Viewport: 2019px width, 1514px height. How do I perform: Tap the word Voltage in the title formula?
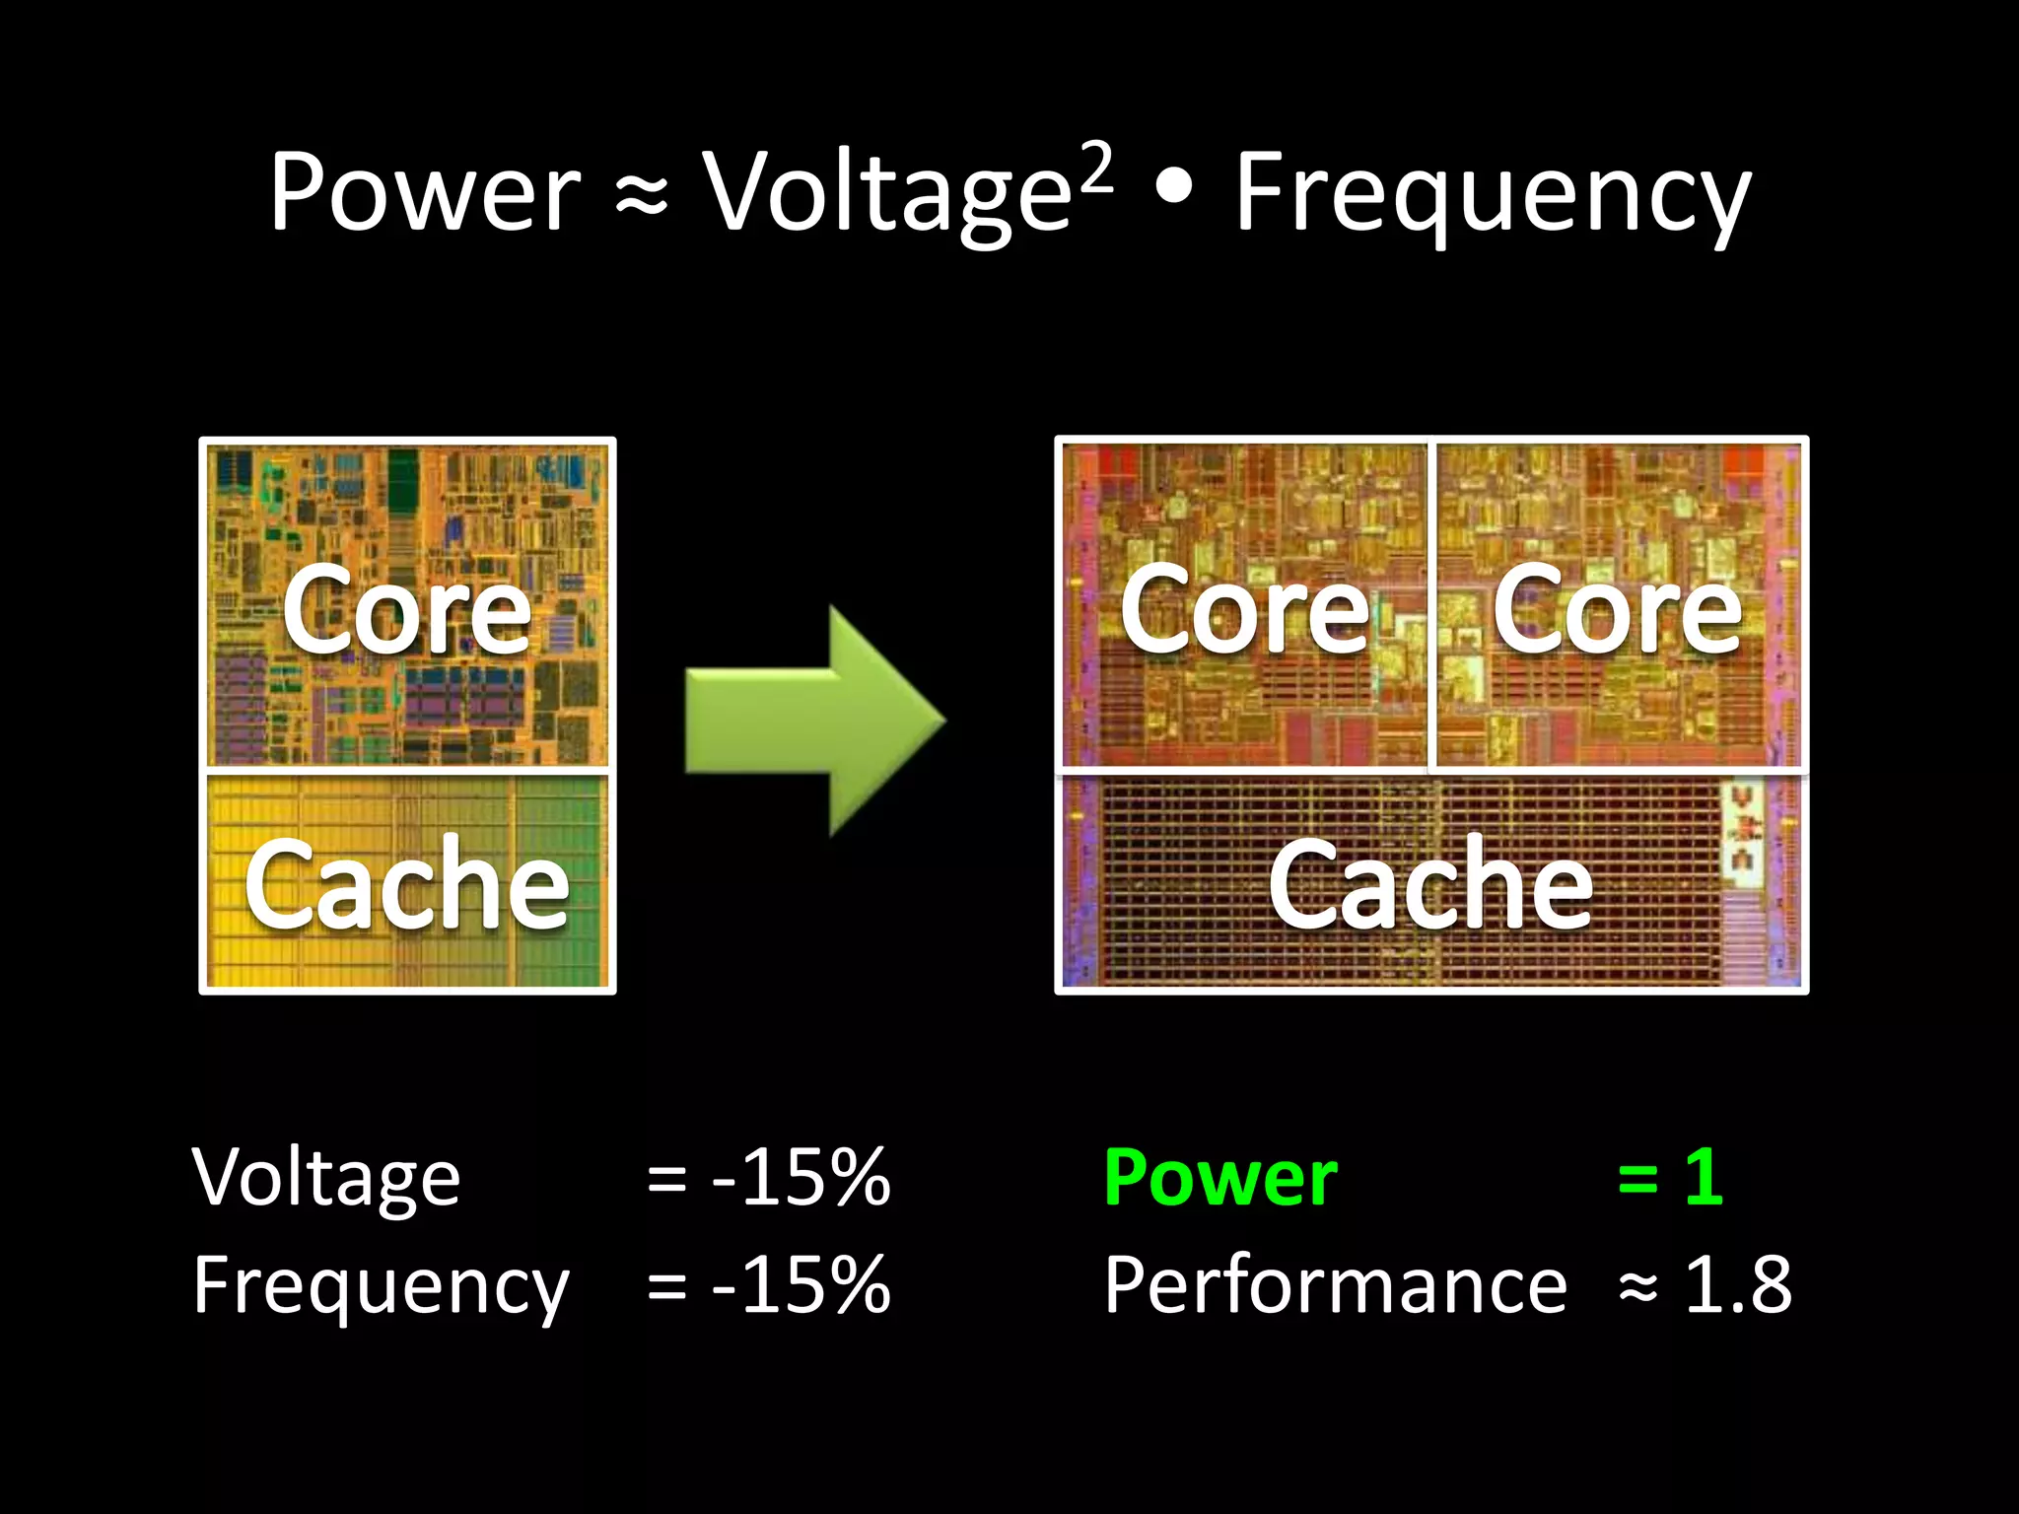point(885,195)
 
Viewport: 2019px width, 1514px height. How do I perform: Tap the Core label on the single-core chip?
point(406,611)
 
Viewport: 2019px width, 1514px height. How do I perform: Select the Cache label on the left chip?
point(406,885)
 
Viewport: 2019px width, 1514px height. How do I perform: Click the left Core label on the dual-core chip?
point(1244,611)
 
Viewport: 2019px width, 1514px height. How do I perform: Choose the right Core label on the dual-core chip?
point(1617,611)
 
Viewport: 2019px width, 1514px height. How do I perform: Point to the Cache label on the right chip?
point(1430,885)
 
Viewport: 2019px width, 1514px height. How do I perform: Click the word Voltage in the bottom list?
point(326,1178)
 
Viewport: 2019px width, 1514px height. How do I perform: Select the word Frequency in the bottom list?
point(381,1286)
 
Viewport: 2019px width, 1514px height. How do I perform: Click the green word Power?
point(1220,1177)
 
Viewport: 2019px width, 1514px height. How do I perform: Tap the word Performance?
point(1335,1285)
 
